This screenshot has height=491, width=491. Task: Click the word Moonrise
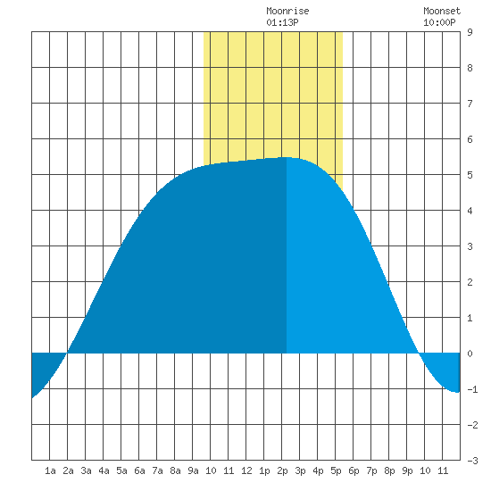287,11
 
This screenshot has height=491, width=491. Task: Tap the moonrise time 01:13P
282,22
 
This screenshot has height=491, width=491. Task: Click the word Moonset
442,11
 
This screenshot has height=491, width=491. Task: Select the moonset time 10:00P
439,22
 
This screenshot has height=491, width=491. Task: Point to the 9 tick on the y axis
470,32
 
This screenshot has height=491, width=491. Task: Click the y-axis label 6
470,139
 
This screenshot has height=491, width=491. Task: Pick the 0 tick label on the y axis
470,354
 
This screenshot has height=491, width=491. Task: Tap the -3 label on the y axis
472,461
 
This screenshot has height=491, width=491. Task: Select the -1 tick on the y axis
472,389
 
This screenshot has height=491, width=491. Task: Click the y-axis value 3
470,246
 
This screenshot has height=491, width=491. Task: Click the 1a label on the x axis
50,470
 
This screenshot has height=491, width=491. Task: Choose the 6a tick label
139,470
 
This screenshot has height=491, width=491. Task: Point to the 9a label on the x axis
193,470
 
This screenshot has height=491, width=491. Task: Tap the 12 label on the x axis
246,470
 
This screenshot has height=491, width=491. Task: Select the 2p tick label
282,470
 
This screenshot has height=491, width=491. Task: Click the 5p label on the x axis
336,470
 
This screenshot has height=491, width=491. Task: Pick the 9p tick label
407,470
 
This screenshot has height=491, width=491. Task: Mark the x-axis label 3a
86,470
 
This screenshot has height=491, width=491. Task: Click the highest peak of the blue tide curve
287,157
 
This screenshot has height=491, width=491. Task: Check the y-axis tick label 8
470,68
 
